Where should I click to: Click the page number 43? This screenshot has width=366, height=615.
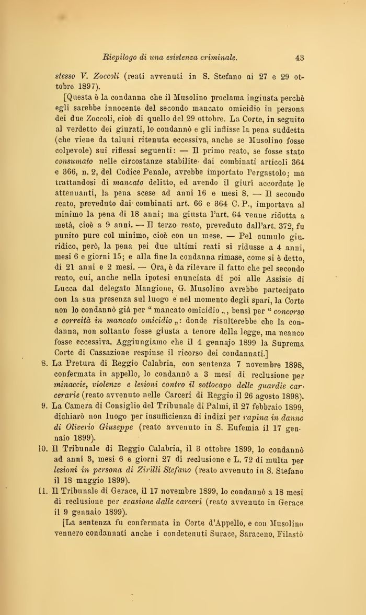(300, 57)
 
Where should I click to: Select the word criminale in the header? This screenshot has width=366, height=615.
(217, 57)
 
